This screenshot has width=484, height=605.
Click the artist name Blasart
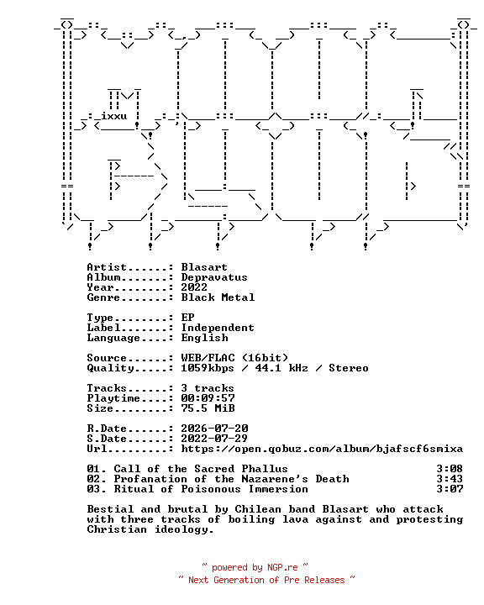[x=204, y=267]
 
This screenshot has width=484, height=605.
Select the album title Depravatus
[x=214, y=277]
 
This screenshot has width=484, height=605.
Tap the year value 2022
[x=194, y=287]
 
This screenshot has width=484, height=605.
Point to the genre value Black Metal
[x=218, y=297]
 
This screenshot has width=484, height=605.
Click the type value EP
[x=187, y=317]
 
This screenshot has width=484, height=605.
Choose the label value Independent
[x=218, y=328]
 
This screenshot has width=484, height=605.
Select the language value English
[x=204, y=338]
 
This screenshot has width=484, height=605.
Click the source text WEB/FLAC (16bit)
[x=234, y=358]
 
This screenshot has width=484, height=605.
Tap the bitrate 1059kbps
[x=208, y=368]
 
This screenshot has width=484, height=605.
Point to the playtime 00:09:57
[x=208, y=397]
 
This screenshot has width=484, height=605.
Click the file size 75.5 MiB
[x=208, y=408]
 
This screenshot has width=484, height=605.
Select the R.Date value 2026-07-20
[x=214, y=429]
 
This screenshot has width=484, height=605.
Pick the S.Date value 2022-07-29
[x=214, y=439]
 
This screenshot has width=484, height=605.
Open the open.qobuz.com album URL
[x=322, y=449]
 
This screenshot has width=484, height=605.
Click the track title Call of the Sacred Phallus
[x=201, y=468]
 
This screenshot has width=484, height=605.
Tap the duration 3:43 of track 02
[x=450, y=478]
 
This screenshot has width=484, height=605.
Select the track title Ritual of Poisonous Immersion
[x=211, y=488]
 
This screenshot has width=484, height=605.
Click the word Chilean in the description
[x=258, y=509]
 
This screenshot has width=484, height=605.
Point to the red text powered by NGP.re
[x=255, y=567]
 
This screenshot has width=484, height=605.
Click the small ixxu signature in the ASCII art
[x=113, y=116]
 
